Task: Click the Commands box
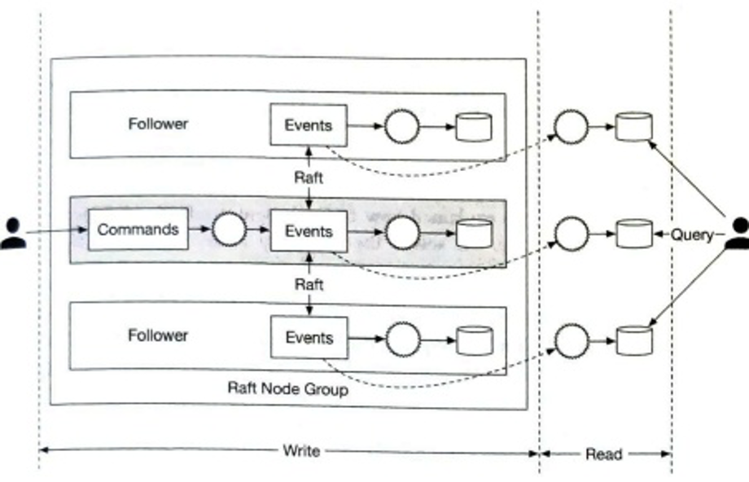(138, 230)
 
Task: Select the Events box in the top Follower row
(309, 125)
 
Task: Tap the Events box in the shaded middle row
(309, 231)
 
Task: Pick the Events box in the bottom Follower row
(309, 337)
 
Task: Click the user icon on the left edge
(12, 234)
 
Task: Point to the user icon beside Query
(737, 234)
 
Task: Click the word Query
(692, 234)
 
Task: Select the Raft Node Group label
(287, 389)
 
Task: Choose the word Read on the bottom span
(603, 454)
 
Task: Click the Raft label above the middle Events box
(309, 177)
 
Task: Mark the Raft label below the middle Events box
(309, 284)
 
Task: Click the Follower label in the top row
(158, 124)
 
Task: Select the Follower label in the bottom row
(158, 335)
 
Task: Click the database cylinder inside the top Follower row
(474, 127)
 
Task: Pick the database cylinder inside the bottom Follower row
(474, 340)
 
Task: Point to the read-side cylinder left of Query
(633, 234)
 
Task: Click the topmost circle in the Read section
(571, 126)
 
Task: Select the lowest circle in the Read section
(571, 340)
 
